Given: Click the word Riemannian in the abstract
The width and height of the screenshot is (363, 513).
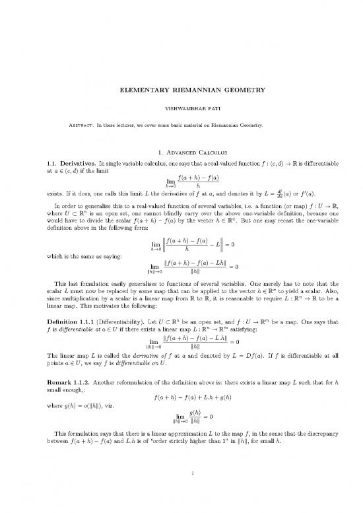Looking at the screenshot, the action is [248, 125].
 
